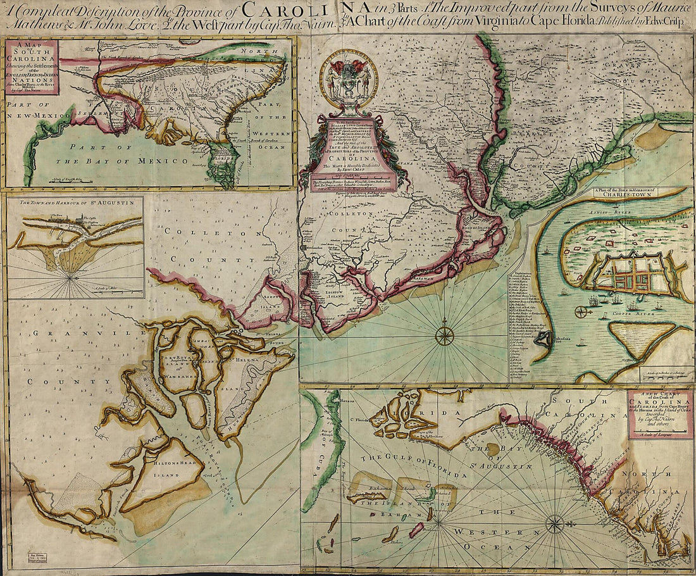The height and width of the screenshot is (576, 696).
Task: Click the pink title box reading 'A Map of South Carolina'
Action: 32,67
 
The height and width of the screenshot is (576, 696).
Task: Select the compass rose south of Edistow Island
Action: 445,335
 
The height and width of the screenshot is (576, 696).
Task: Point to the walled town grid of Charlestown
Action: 633,272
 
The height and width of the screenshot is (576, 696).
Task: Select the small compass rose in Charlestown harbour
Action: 581,311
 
